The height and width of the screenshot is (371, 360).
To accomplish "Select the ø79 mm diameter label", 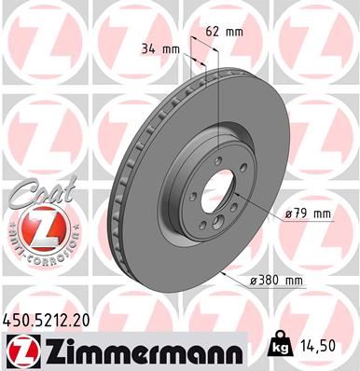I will click(x=308, y=214).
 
